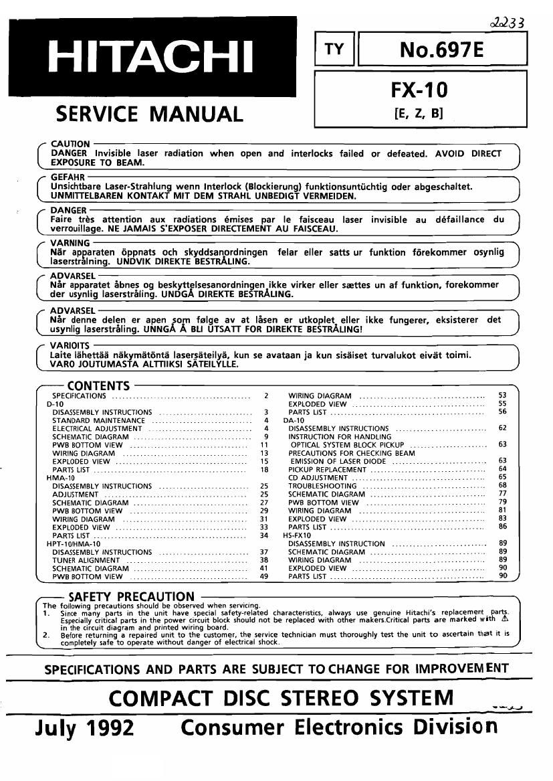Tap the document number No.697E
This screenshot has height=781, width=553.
pos(441,49)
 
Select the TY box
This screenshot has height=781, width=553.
pos(334,49)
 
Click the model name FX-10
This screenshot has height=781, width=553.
pos(420,90)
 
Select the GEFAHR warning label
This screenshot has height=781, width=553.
pos(67,177)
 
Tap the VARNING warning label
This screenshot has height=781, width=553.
pos(70,243)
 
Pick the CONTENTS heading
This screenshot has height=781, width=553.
pos(98,385)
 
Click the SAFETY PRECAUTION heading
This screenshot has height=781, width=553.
pos(131,596)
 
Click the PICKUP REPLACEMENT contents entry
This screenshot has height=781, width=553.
pos(327,469)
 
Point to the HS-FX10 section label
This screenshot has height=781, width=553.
pos(297,535)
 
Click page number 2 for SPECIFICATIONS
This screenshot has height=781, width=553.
pos(265,396)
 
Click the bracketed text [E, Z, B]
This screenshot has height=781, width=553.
pos(419,114)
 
